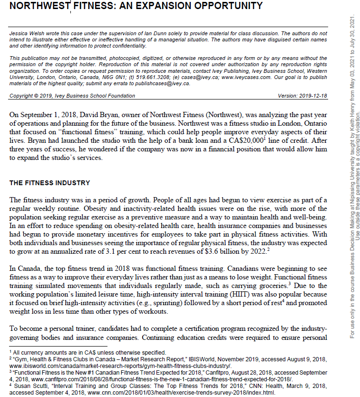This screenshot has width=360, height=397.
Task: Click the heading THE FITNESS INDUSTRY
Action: tap(50, 183)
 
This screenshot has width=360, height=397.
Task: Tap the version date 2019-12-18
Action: tap(310, 96)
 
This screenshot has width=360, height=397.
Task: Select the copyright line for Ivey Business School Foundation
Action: tap(72, 96)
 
